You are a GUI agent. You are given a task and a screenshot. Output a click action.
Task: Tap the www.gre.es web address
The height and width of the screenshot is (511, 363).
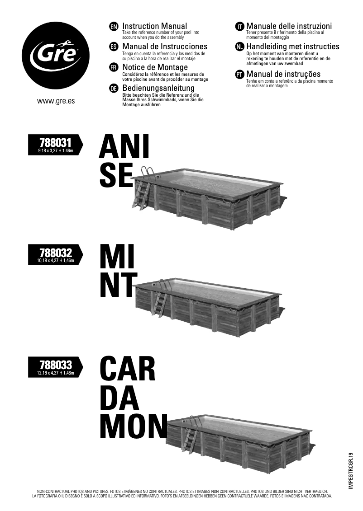tap(56, 101)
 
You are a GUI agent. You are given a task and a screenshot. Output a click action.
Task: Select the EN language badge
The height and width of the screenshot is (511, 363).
tap(114, 27)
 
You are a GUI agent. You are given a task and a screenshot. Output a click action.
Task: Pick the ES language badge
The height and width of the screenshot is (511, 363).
tap(114, 47)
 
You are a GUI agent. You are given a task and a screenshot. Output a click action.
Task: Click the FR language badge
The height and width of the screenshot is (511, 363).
tap(114, 68)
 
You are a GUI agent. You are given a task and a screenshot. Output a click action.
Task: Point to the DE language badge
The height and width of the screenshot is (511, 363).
tap(114, 88)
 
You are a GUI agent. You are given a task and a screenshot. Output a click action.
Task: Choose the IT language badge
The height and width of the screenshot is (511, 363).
tap(239, 27)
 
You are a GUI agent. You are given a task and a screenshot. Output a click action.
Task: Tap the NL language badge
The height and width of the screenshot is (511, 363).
tap(239, 47)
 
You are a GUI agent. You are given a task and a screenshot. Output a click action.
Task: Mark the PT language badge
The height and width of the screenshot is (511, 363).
tap(239, 75)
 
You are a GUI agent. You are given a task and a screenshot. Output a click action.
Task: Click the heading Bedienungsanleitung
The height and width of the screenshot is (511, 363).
tap(158, 88)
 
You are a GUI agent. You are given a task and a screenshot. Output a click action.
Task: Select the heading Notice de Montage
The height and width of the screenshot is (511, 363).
tap(155, 67)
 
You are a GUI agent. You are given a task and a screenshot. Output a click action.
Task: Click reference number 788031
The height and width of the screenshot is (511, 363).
tap(56, 143)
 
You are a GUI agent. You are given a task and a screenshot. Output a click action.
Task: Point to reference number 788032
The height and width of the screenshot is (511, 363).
tap(56, 253)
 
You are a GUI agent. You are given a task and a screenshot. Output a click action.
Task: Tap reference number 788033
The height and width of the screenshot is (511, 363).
tap(56, 365)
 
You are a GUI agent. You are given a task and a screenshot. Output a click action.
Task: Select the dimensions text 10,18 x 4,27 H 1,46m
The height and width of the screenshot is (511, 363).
tap(56, 261)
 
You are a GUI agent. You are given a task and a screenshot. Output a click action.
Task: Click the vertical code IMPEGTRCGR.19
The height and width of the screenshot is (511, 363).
tap(351, 470)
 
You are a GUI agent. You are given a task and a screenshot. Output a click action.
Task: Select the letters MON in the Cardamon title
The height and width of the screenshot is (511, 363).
tap(134, 426)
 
